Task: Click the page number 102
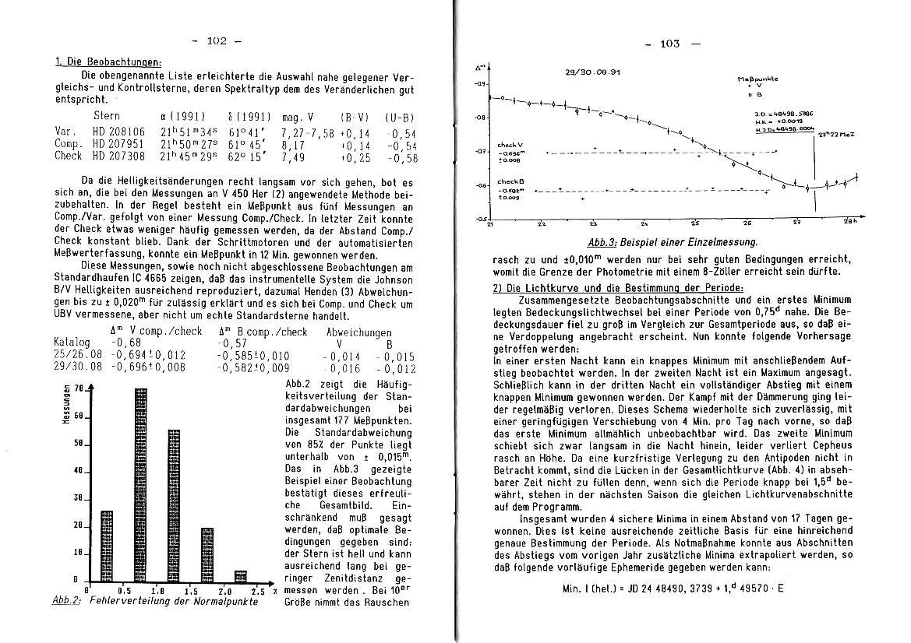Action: pos(216,41)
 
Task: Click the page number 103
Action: pos(669,44)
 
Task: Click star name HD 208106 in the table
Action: pos(111,132)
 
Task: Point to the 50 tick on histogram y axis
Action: pos(77,443)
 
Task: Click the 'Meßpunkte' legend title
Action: pos(755,79)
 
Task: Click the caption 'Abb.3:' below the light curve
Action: pos(603,242)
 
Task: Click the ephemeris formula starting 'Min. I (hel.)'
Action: pos(673,589)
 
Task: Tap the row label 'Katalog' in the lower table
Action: pos(72,342)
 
